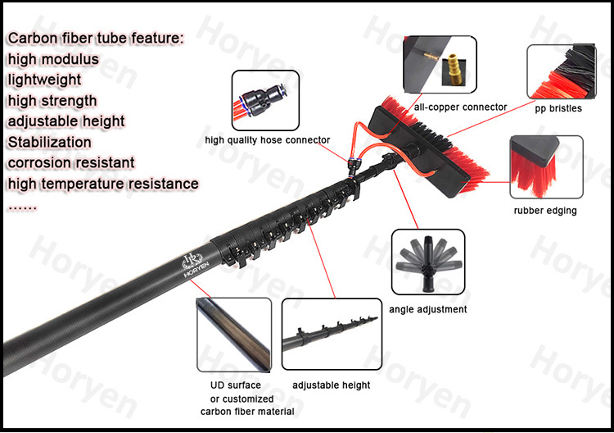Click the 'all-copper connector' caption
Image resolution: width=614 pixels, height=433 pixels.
point(461,107)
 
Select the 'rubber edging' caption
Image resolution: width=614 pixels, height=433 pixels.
point(544,211)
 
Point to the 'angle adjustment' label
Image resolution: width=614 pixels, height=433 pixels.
point(427,309)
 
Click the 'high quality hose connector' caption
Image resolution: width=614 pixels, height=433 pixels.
point(267,140)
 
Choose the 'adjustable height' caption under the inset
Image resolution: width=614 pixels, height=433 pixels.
point(332,385)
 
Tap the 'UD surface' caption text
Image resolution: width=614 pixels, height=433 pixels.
point(230,385)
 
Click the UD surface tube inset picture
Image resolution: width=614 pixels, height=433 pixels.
point(233,334)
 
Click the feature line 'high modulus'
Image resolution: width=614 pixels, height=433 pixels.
point(53,59)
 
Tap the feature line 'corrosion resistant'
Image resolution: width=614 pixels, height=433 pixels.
point(71,162)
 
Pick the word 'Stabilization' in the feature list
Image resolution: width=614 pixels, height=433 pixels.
point(50,142)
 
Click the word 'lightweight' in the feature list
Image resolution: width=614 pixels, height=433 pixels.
point(45,80)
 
